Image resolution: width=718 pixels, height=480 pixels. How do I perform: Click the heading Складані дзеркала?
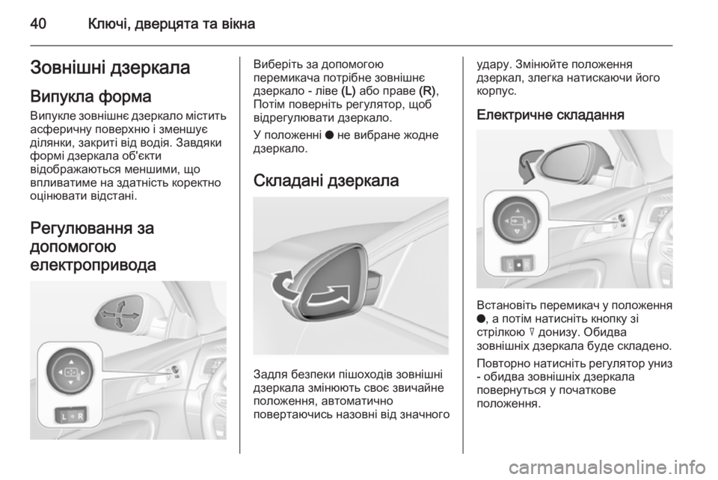coord(326,181)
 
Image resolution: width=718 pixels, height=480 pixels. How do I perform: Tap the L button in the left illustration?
coord(66,415)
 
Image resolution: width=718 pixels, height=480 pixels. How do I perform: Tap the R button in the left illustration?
coord(80,415)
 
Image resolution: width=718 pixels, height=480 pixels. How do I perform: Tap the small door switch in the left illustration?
coord(174,369)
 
